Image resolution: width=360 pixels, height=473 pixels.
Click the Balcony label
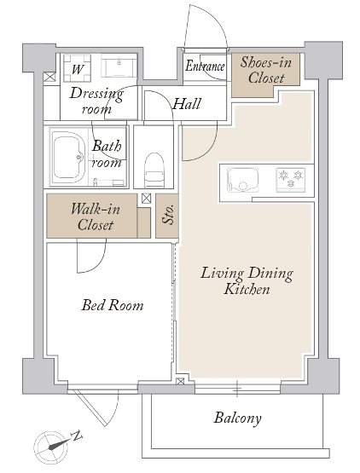point(237,418)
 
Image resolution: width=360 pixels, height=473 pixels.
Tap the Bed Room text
point(113,305)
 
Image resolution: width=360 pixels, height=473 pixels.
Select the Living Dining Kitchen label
point(247,281)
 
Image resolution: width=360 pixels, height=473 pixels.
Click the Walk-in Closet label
point(96,216)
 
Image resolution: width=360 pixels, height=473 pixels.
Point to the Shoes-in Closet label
point(266,70)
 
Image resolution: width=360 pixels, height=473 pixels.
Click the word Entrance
point(205,66)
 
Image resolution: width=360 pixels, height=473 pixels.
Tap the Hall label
point(187,104)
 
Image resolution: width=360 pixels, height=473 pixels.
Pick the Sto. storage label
point(169,215)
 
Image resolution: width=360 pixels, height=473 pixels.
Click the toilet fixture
point(154,170)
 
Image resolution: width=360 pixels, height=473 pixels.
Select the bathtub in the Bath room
point(67,157)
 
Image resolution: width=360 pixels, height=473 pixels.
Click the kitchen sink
point(243,180)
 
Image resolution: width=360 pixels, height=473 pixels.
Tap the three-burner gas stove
point(291,180)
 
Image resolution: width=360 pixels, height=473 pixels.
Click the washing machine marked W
point(77,68)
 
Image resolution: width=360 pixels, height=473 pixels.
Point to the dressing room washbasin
point(119,66)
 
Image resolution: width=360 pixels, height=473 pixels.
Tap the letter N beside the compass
point(76,436)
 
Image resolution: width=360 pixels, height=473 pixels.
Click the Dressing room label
point(96,101)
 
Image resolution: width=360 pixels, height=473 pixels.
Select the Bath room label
point(107,154)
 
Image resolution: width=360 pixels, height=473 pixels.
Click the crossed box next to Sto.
point(146,199)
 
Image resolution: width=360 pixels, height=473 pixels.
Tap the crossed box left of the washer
point(49,77)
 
